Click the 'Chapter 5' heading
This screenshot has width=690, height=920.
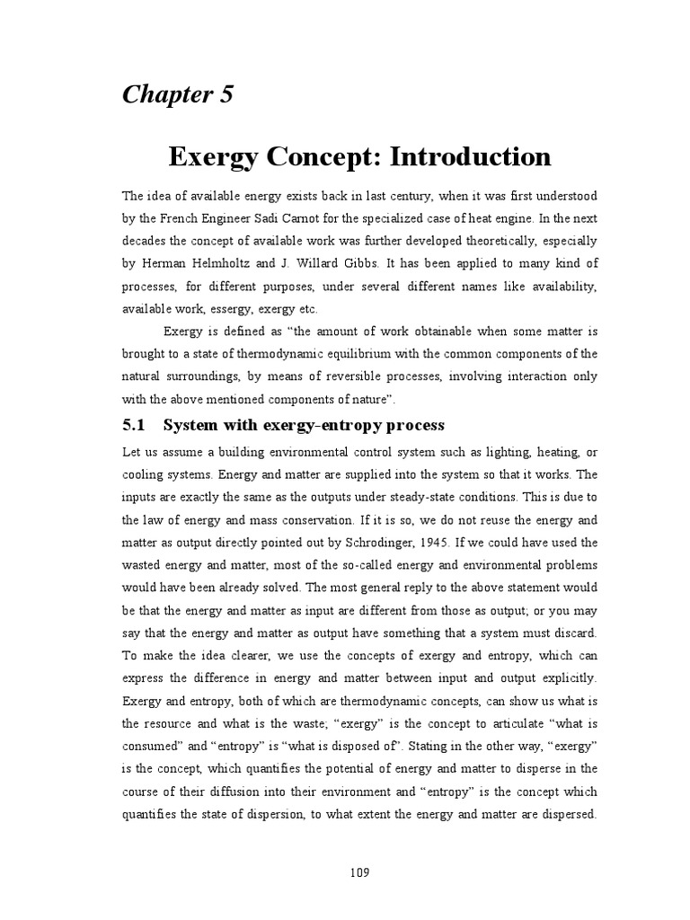pyautogui.click(x=178, y=94)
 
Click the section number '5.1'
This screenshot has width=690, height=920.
pyautogui.click(x=136, y=425)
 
